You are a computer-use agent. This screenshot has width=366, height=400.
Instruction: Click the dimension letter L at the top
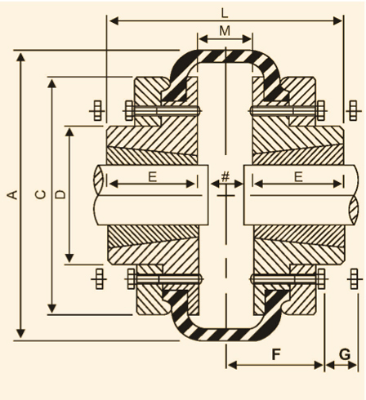tap(224, 13)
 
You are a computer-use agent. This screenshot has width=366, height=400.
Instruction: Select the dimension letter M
tap(225, 31)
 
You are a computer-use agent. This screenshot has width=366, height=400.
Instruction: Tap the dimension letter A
tap(12, 194)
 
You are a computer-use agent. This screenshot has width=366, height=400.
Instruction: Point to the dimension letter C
tap(41, 194)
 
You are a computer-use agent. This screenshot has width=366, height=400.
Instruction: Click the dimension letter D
tap(60, 194)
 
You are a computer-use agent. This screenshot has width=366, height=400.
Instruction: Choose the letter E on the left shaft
tap(153, 177)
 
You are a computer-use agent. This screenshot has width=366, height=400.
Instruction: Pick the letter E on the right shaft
tap(298, 177)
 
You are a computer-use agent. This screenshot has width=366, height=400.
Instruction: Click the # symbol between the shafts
tap(225, 176)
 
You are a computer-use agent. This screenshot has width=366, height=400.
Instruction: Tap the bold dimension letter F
tap(276, 354)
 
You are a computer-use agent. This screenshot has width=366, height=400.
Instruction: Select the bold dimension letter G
tap(345, 354)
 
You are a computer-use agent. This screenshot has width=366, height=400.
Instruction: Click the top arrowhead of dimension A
tap(20, 57)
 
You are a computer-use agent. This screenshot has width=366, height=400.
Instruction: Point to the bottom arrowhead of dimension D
tap(69, 258)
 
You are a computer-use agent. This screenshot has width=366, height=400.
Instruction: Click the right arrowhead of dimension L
tap(338, 20)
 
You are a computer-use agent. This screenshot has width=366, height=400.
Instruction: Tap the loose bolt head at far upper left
tap(97, 110)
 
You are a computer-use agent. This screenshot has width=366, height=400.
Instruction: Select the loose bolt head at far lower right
tap(354, 279)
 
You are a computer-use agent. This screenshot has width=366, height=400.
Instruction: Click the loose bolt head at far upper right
tap(353, 110)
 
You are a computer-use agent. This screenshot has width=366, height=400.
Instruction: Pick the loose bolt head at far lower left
tap(99, 279)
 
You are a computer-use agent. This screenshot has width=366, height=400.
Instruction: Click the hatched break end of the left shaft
tap(99, 180)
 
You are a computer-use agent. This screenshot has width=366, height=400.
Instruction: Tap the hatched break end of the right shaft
tap(354, 210)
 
